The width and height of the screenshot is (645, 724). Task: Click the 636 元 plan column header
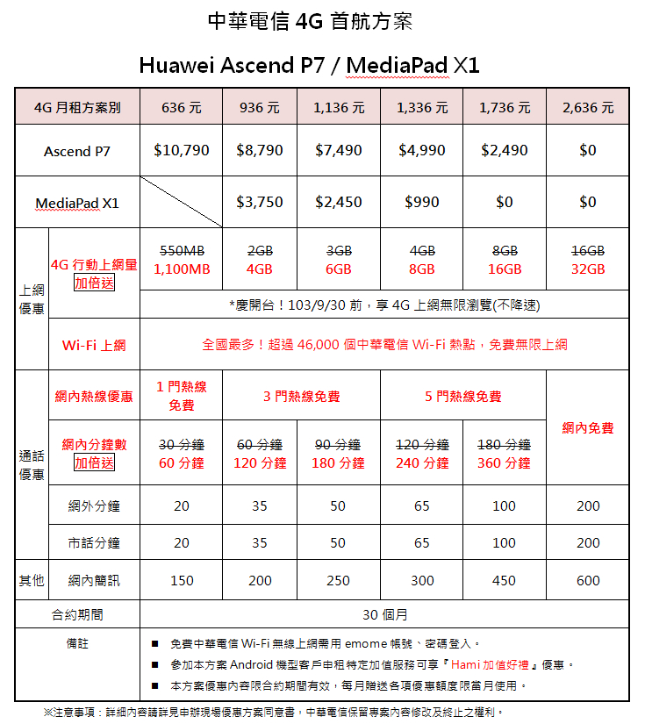click(182, 108)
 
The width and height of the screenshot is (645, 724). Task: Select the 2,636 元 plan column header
click(588, 108)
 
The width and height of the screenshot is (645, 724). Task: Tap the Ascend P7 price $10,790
click(182, 150)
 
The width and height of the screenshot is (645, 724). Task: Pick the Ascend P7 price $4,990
click(422, 150)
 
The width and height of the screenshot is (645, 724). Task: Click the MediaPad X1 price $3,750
click(260, 202)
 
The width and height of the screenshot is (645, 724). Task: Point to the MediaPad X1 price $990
click(422, 202)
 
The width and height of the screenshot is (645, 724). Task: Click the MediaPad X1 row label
click(76, 204)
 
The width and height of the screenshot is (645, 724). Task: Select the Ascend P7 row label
click(77, 151)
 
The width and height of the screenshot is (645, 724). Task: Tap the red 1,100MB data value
click(182, 269)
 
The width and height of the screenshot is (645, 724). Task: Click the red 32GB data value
click(588, 269)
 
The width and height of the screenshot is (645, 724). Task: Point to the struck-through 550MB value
click(182, 250)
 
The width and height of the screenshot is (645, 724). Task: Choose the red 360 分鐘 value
click(504, 462)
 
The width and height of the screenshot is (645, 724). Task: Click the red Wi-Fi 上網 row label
click(94, 345)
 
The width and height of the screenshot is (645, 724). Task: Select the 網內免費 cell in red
click(588, 427)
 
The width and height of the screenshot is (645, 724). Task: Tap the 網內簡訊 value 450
click(504, 580)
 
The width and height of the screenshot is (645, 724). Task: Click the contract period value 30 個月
click(384, 614)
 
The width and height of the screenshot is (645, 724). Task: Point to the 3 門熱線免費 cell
click(301, 397)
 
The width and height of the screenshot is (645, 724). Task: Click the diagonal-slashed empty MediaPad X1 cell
click(182, 202)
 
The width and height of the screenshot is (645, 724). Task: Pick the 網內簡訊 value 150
click(182, 580)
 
